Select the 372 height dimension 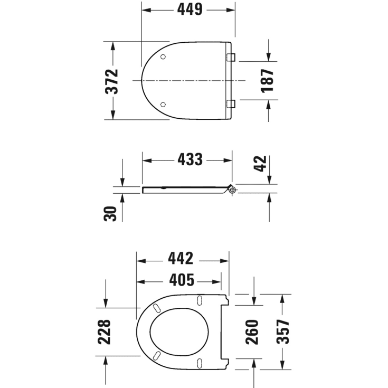click(x=112, y=81)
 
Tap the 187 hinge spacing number click(x=268, y=81)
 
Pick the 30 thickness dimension click(x=112, y=213)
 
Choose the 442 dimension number click(x=181, y=259)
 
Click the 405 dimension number click(x=179, y=279)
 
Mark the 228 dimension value click(x=105, y=332)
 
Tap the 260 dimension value click(x=252, y=332)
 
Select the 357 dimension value click(x=284, y=332)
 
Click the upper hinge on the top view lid click(x=231, y=57)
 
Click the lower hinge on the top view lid click(x=231, y=103)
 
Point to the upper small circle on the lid click(x=163, y=56)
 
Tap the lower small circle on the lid click(x=163, y=104)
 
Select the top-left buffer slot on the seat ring click(x=157, y=307)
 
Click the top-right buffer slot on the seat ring click(x=200, y=300)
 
